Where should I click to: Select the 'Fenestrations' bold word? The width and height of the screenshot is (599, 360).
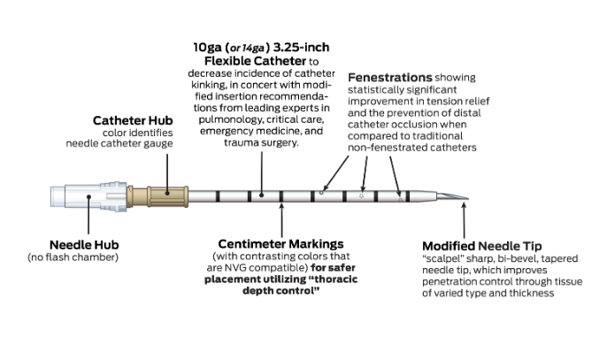pos(390,78)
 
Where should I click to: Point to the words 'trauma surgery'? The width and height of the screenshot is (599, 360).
pos(252,142)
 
